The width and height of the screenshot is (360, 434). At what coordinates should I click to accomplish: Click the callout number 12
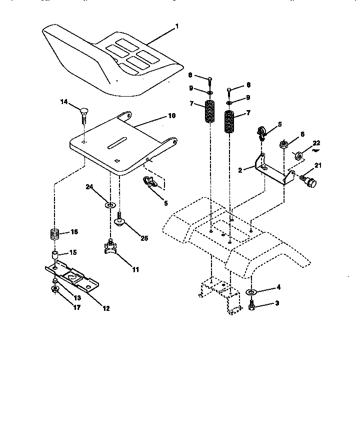coord(106,308)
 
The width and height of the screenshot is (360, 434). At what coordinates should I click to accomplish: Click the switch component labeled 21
coord(308,181)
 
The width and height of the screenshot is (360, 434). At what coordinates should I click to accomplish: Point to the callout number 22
coord(316,144)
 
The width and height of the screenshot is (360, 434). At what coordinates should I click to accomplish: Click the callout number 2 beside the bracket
coord(240,170)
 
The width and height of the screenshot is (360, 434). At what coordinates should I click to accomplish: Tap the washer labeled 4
coord(251,291)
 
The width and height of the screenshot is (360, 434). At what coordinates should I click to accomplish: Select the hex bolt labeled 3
coord(252,304)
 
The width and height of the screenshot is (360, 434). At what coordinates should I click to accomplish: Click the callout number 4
coord(279,288)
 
